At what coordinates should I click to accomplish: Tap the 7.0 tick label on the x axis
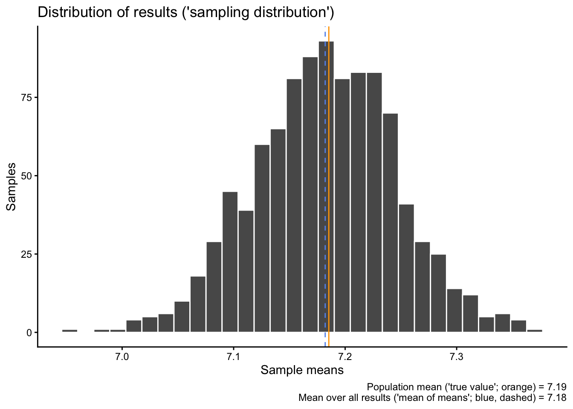click(122, 356)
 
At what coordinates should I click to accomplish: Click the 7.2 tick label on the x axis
click(345, 356)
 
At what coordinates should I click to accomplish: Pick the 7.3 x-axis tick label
click(456, 356)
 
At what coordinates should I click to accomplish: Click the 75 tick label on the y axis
click(27, 98)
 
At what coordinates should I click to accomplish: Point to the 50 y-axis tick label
click(27, 176)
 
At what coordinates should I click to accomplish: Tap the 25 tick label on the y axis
click(27, 254)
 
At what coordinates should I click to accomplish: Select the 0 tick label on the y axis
click(29, 333)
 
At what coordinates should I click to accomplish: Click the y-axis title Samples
click(12, 187)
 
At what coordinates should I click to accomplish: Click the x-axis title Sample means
click(302, 370)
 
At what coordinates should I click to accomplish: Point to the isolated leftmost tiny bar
click(69, 331)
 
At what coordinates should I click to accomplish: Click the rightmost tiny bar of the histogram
click(535, 331)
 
